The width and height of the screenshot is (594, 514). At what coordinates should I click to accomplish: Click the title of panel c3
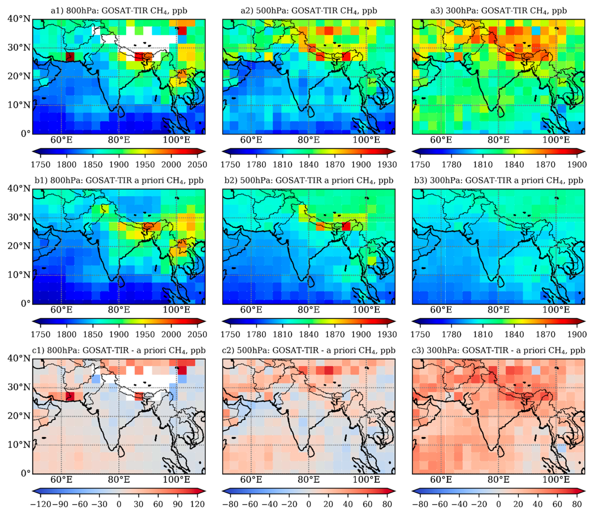pyautogui.click(x=498, y=351)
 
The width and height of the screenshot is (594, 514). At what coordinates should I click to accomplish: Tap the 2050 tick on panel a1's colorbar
pyautogui.click(x=197, y=165)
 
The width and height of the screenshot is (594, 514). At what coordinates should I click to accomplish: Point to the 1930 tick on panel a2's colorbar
pyautogui.click(x=387, y=165)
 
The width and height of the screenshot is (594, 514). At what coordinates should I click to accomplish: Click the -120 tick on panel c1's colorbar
pyautogui.click(x=40, y=504)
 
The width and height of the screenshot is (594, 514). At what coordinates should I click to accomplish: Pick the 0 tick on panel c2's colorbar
pyautogui.click(x=309, y=504)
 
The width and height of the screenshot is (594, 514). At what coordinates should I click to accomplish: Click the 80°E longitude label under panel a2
pyautogui.click(x=309, y=140)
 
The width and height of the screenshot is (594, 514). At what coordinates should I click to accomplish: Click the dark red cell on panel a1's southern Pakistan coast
pyautogui.click(x=70, y=57)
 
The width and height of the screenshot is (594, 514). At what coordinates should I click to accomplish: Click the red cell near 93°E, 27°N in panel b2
pyautogui.click(x=346, y=226)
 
